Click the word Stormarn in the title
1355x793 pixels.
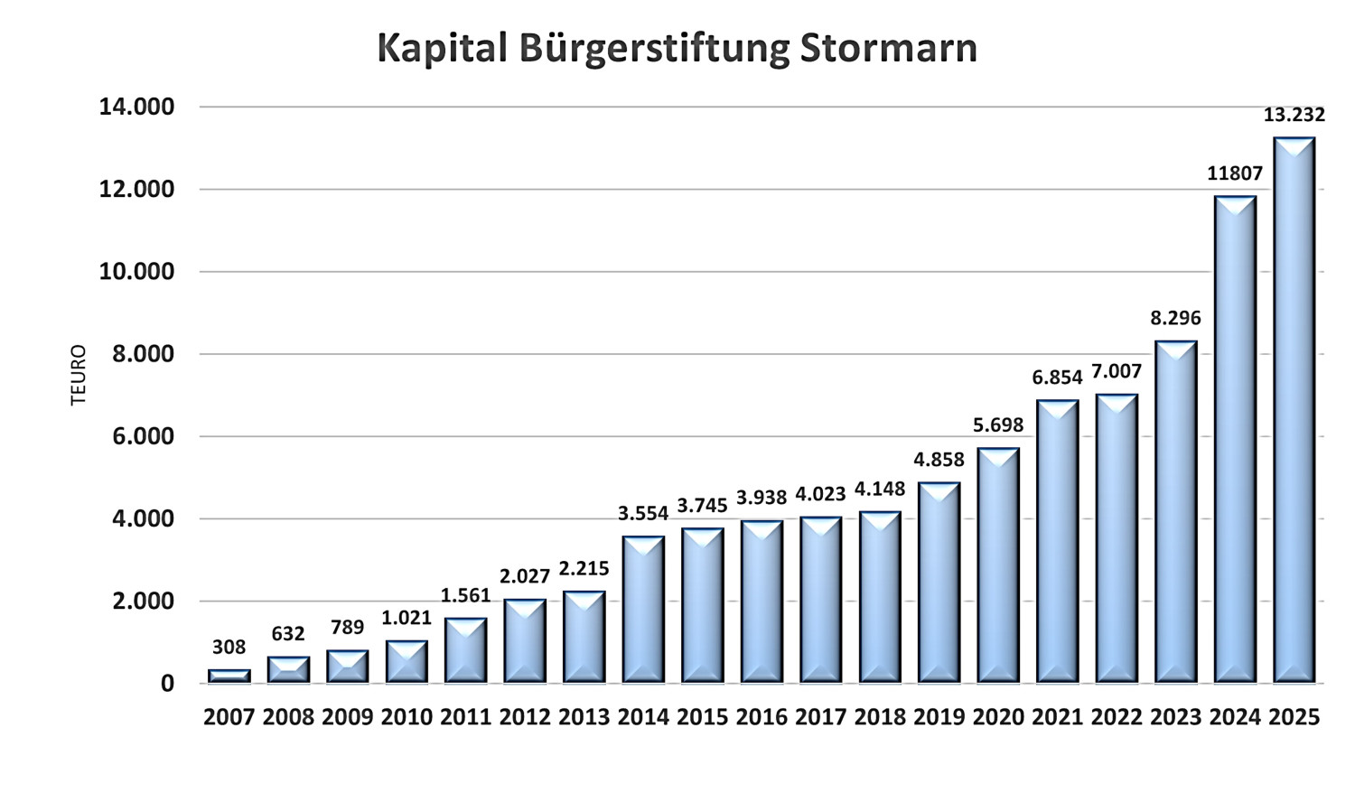coord(888,48)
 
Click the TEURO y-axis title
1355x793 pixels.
coord(79,375)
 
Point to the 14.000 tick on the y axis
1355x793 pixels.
coord(136,107)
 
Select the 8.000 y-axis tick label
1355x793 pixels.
coord(143,354)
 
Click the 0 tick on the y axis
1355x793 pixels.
coord(167,684)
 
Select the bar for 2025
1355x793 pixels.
coord(1294,411)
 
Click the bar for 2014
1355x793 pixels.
coord(643,610)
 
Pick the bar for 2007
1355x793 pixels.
coord(229,676)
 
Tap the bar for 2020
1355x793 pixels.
coord(998,565)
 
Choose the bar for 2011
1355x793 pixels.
coord(465,650)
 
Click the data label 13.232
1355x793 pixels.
coord(1294,115)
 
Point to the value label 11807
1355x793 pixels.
coord(1234,173)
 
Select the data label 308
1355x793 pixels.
coord(229,647)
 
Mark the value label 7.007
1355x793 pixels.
coord(1117,371)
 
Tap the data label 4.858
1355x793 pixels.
coord(939,460)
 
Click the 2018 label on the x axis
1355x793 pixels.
coord(880,717)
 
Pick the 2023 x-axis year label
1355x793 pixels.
coord(1175,717)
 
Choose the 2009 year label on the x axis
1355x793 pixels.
coord(348,717)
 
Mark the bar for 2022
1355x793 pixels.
coord(1117,538)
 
